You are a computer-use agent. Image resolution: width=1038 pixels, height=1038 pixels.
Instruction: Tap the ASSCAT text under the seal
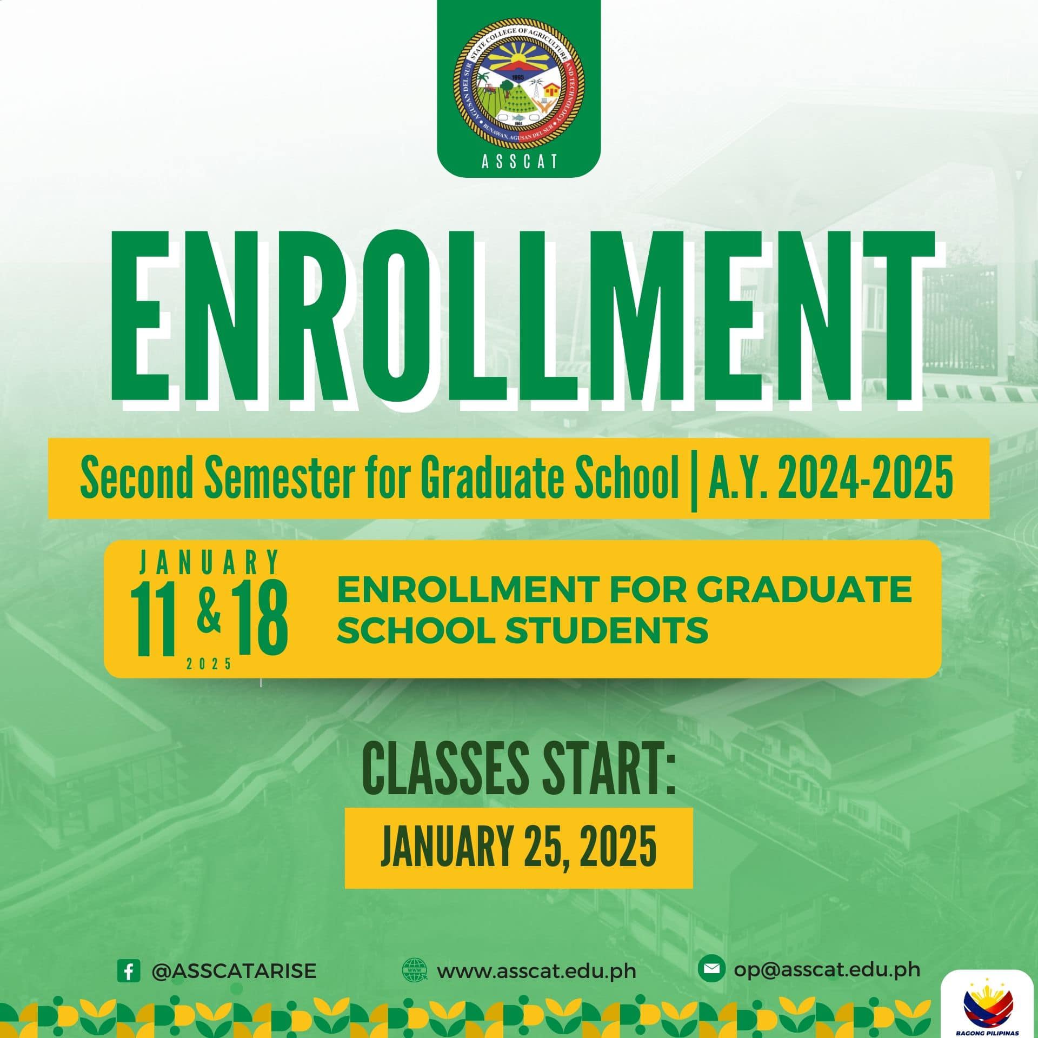(x=519, y=162)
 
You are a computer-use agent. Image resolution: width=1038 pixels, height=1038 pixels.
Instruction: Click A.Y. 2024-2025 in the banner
(x=824, y=479)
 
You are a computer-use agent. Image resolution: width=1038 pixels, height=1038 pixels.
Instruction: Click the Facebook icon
(x=129, y=970)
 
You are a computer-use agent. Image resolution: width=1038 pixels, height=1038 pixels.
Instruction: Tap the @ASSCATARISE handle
(x=234, y=970)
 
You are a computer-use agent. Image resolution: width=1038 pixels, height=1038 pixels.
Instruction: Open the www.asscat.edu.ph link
(x=536, y=971)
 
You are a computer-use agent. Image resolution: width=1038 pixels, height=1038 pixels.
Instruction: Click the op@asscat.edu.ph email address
(x=827, y=969)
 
